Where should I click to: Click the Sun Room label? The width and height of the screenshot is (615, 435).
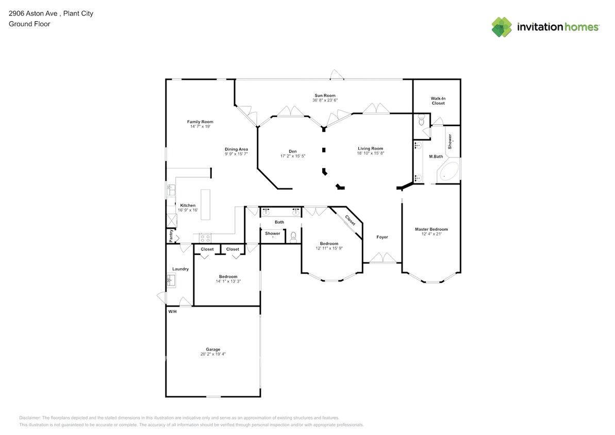(325, 95)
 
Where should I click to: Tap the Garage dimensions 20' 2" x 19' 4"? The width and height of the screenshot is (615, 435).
(213, 354)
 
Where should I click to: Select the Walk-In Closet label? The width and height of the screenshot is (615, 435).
(438, 101)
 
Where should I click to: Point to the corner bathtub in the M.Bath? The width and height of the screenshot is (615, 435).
(448, 171)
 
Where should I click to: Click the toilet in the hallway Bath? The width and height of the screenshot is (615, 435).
(293, 237)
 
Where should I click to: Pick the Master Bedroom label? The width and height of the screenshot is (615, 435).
(431, 229)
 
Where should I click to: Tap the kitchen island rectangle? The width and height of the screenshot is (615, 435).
(206, 205)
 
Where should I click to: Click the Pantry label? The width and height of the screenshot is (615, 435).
(171, 236)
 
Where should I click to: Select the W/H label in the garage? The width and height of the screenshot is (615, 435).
(173, 311)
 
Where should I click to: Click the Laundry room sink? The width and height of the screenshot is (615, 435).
(171, 280)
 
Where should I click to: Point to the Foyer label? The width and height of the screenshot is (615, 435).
(382, 237)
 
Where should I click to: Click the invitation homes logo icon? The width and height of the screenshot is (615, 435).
(502, 27)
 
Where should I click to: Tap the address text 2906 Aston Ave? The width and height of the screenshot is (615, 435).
(34, 13)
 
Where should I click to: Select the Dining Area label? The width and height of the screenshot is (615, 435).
(236, 149)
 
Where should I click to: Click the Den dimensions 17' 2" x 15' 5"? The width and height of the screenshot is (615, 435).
(293, 156)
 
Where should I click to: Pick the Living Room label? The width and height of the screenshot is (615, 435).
(370, 148)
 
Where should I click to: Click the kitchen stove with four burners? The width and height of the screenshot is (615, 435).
(205, 238)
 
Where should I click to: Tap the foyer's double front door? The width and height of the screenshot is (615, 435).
(383, 258)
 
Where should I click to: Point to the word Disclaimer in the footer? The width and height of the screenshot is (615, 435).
(29, 418)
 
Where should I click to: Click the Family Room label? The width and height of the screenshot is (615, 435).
(200, 122)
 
